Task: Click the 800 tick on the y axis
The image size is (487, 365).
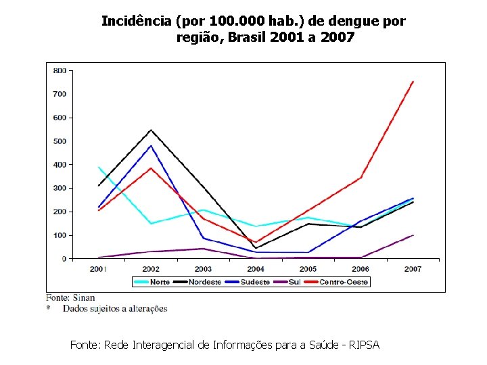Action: (60, 70)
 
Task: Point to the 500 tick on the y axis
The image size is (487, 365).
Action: (60, 141)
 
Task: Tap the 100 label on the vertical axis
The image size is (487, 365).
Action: (60, 235)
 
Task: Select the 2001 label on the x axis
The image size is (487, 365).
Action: (98, 269)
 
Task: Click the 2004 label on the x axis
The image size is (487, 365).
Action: (255, 269)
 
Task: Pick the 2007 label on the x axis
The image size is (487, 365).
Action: (413, 269)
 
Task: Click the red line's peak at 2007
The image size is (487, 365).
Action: (413, 82)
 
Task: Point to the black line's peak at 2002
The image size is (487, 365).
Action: (151, 130)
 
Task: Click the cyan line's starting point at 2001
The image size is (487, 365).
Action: (99, 167)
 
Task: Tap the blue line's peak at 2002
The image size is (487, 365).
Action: (151, 146)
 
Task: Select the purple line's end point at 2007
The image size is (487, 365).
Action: (413, 235)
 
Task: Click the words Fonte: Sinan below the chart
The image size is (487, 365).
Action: (70, 297)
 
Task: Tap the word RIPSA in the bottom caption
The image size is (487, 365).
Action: (365, 345)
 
